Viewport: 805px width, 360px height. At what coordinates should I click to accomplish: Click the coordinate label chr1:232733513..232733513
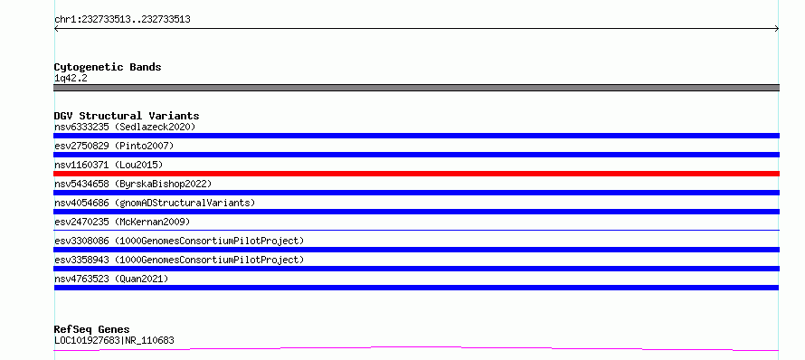(122, 20)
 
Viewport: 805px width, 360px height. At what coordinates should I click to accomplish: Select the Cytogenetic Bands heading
(108, 67)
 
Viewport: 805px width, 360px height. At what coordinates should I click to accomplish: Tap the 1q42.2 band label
(71, 79)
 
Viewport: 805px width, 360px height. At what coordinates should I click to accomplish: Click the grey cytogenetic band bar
(416, 88)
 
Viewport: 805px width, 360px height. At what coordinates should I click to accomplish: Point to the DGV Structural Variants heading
(127, 116)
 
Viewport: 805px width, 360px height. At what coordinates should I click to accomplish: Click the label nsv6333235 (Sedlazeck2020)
(125, 127)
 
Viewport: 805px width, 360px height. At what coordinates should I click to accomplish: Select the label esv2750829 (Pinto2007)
(114, 146)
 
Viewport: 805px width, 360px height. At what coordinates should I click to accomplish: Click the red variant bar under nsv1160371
(416, 174)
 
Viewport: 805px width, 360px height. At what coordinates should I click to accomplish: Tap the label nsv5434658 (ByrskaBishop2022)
(133, 184)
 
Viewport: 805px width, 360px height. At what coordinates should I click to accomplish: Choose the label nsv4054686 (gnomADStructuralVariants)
(155, 203)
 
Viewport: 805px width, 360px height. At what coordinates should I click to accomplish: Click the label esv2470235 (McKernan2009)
(122, 222)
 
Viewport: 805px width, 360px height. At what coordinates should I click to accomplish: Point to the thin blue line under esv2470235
(416, 230)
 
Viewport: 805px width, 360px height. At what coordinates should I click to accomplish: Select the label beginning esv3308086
(179, 241)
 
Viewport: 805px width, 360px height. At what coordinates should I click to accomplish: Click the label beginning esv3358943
(179, 260)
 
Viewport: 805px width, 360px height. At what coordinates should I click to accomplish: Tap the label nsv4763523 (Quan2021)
(111, 279)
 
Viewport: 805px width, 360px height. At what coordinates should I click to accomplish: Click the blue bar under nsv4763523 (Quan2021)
(416, 288)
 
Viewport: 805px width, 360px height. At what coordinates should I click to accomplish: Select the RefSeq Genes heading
(92, 329)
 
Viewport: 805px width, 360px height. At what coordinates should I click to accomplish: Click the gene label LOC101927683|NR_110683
(114, 340)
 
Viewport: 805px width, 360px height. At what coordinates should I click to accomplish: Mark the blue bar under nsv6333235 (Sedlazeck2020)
(416, 136)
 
